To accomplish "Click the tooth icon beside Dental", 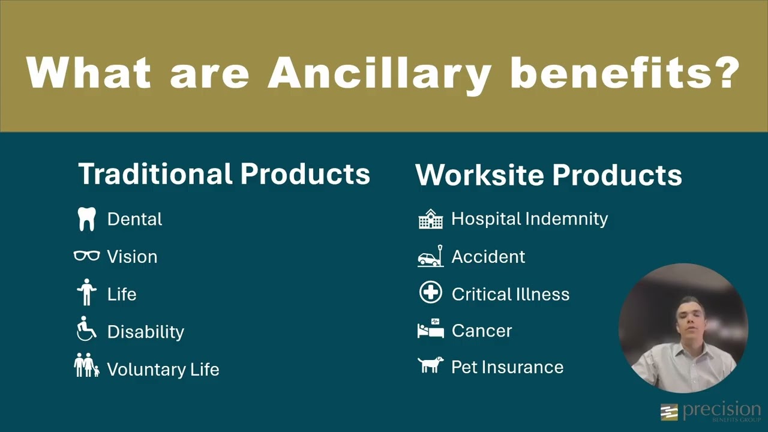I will click(87, 219).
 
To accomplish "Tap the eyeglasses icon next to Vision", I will click(87, 256).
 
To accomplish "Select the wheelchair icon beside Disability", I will click(87, 329).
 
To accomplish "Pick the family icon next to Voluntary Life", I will click(87, 365).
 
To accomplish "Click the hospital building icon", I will click(430, 219).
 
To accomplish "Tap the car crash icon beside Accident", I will click(430, 256).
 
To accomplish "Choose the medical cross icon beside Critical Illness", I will click(430, 293).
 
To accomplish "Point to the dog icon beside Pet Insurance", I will click(430, 365).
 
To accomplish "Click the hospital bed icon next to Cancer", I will click(430, 329).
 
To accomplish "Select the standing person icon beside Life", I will click(87, 293).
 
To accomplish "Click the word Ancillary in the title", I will click(379, 73).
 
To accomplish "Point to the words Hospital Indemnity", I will click(529, 219).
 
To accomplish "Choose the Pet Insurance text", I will click(507, 367).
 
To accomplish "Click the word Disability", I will click(145, 332).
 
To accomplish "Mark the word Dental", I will click(134, 219).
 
